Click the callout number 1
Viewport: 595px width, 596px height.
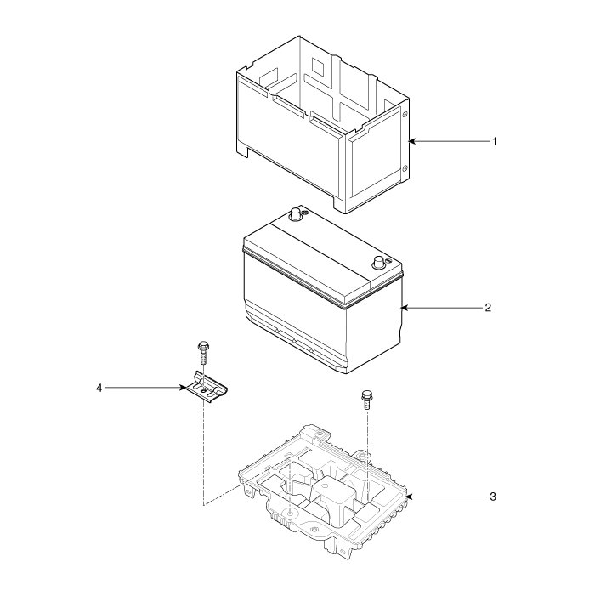494,141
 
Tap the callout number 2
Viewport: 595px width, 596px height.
488,307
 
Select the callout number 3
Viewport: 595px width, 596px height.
494,496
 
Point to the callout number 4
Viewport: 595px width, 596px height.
99,388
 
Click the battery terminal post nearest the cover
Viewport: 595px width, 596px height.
297,214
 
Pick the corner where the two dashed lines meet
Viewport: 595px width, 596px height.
203,505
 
